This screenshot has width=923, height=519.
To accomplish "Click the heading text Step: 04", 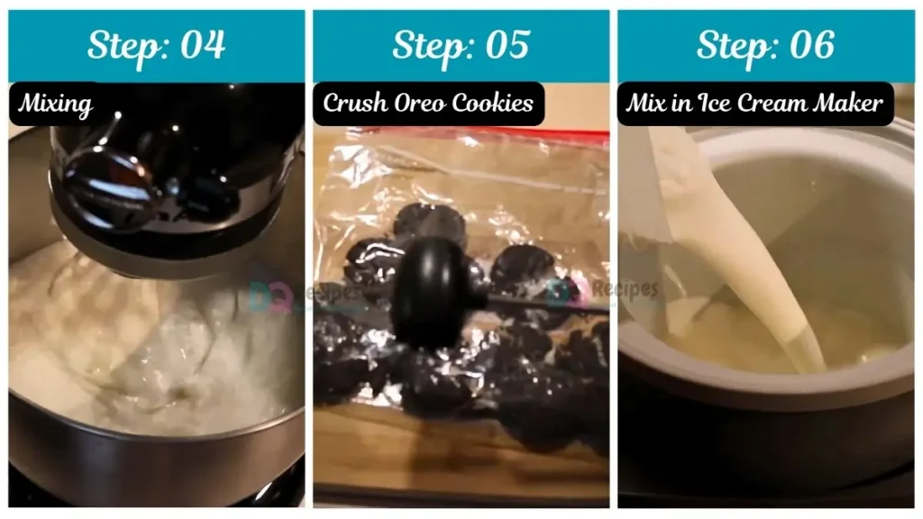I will [156, 45].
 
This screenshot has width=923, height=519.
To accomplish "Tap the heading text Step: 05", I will [461, 45].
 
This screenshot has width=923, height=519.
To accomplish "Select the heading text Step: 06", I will [765, 45].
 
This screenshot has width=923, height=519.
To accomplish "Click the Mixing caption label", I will [56, 104].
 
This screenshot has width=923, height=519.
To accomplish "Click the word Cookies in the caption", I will [495, 103].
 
